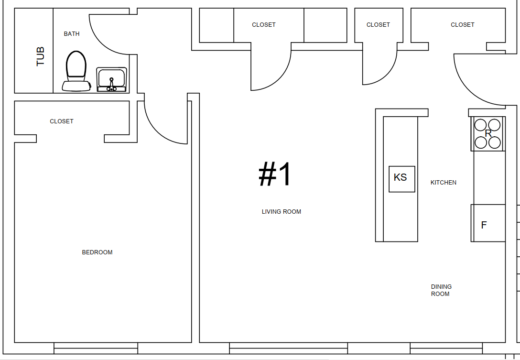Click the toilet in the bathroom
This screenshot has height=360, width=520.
76,71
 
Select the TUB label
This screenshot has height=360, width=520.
40,56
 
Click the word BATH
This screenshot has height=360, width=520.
72,34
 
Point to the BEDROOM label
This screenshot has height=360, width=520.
97,252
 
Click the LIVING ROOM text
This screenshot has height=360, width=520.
281,212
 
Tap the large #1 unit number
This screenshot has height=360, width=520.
275,174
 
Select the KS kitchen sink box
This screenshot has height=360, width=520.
401,179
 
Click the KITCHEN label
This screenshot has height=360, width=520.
444,183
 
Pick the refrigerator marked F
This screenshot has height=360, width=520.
488,223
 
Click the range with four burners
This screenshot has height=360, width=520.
488,134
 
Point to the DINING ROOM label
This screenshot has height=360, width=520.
441,290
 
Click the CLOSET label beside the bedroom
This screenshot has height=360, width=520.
62,121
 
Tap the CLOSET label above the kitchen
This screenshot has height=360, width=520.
463,25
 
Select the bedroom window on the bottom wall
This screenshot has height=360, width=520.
96,348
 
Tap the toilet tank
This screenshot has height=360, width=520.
76,86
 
